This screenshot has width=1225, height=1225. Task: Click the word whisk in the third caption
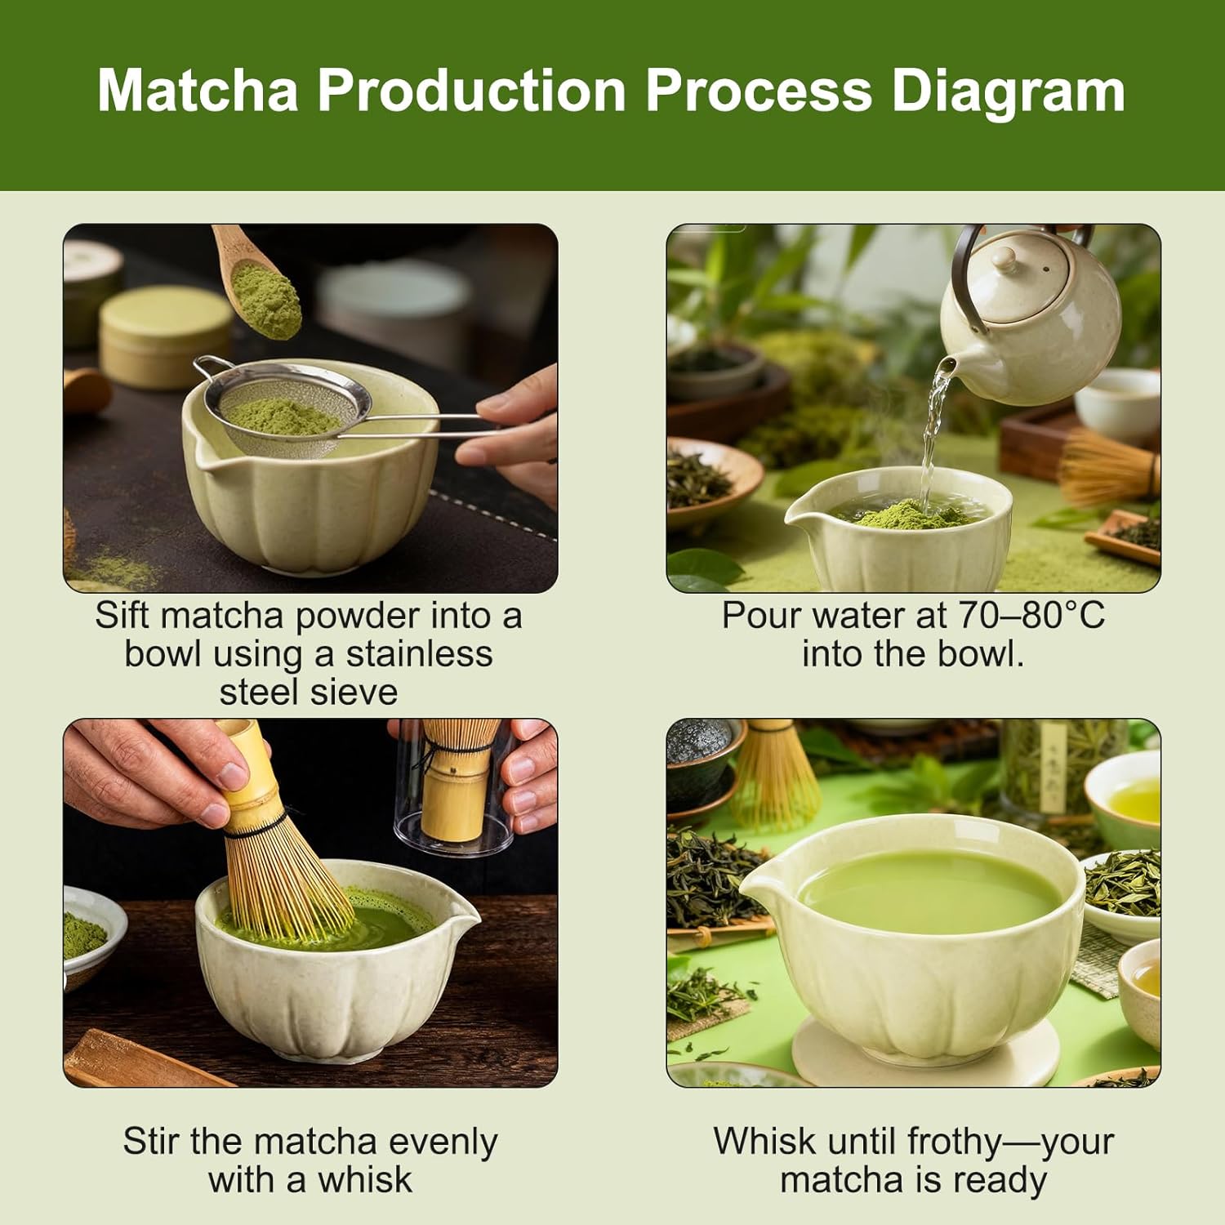point(364,1180)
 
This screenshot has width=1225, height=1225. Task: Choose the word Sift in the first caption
point(123,616)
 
